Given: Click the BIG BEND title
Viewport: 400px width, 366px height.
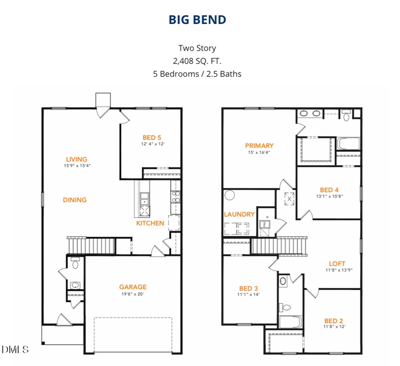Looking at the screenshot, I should [197, 20].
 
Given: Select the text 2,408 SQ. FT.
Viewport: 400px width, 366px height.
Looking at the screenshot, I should [197, 61].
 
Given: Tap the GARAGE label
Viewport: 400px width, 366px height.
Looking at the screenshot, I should [132, 287].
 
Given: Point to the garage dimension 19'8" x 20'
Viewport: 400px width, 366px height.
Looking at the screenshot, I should [132, 294].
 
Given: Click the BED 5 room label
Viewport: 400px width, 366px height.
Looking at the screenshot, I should [152, 138].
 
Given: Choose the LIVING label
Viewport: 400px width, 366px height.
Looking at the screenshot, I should [76, 159].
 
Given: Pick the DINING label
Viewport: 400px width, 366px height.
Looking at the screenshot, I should [75, 200].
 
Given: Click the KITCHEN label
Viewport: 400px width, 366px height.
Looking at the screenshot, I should [150, 223].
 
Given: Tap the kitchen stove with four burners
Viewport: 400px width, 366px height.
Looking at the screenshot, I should [175, 196].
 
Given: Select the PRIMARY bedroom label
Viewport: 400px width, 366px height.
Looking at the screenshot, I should [259, 145].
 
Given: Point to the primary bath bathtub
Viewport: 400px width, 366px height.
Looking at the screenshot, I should [348, 144].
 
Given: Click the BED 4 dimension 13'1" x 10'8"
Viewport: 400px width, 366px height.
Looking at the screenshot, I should [329, 196].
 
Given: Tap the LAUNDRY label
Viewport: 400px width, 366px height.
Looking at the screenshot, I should [239, 214].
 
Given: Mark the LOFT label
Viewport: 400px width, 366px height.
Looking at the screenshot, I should [337, 263].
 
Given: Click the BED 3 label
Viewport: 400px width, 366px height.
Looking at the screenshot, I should [248, 288].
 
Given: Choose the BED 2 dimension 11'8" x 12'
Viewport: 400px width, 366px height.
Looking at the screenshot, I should [333, 326].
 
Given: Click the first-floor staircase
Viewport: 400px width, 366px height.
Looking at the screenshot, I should [91, 245].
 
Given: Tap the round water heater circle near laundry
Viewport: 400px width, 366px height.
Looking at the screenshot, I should [230, 195].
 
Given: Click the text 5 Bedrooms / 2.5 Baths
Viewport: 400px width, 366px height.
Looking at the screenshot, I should [197, 74].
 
